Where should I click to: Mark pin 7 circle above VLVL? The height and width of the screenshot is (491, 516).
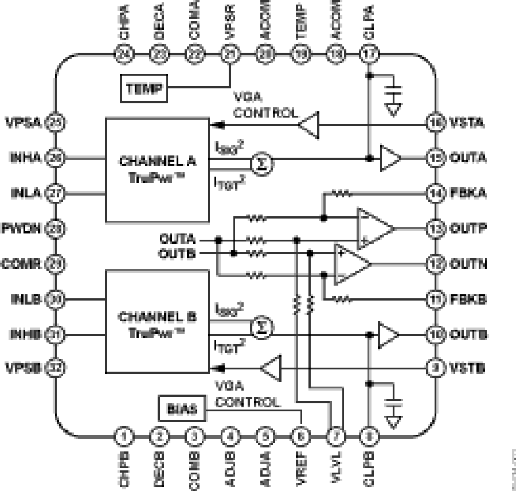(x=334, y=436)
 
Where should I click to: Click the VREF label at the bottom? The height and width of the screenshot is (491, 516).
(x=299, y=467)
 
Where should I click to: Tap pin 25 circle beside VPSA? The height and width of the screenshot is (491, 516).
(x=56, y=122)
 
